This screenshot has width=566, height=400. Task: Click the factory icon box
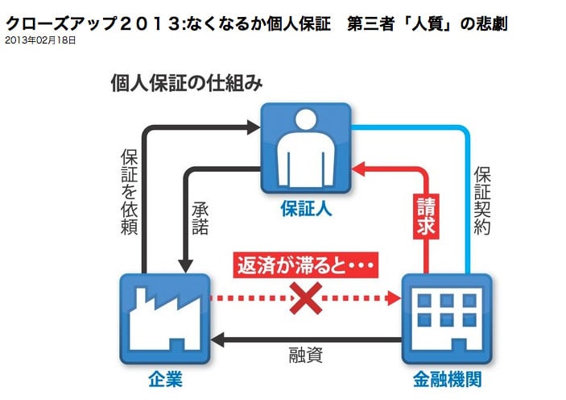coord(164,318)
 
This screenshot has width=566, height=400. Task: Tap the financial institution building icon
coord(446,318)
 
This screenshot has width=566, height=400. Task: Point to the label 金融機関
coord(446,378)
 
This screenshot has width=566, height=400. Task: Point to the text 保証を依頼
coord(128,190)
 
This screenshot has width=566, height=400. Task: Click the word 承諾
coord(200,219)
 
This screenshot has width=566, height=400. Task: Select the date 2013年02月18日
coord(39,39)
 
